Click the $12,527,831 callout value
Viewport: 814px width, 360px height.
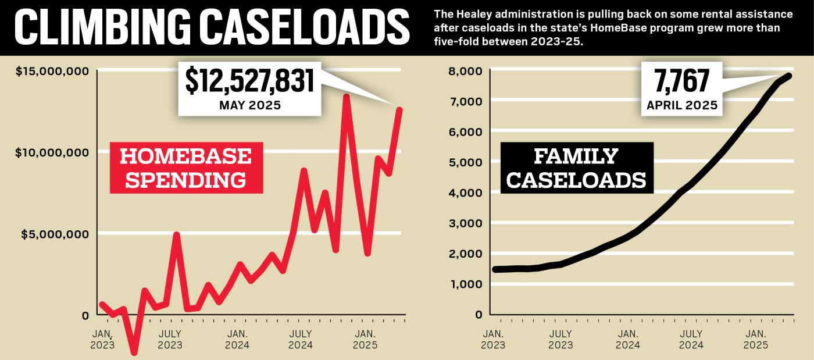(249, 81)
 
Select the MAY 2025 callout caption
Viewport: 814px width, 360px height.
(249, 106)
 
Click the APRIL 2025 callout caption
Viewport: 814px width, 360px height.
(681, 106)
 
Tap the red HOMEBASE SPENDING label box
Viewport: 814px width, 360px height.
(186, 167)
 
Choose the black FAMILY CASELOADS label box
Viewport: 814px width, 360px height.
(576, 167)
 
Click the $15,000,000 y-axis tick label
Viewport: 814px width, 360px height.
(52, 71)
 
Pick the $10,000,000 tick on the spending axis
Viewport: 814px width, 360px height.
(52, 152)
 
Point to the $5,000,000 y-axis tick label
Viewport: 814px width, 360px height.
(55, 234)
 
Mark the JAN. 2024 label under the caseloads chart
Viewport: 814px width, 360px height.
(628, 339)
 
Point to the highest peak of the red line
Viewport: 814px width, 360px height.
(346, 96)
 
